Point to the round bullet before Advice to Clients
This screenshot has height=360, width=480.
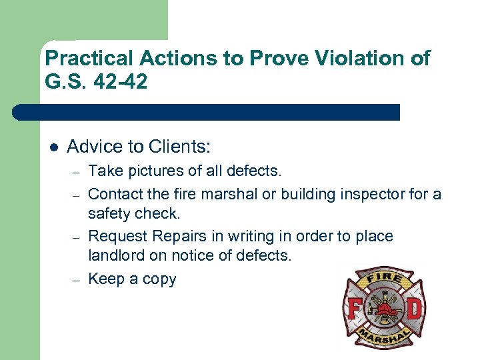pyautogui.click(x=53, y=147)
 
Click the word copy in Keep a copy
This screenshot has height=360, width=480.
pyautogui.click(x=160, y=279)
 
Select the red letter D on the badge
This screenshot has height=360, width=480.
pyautogui.click(x=413, y=311)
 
